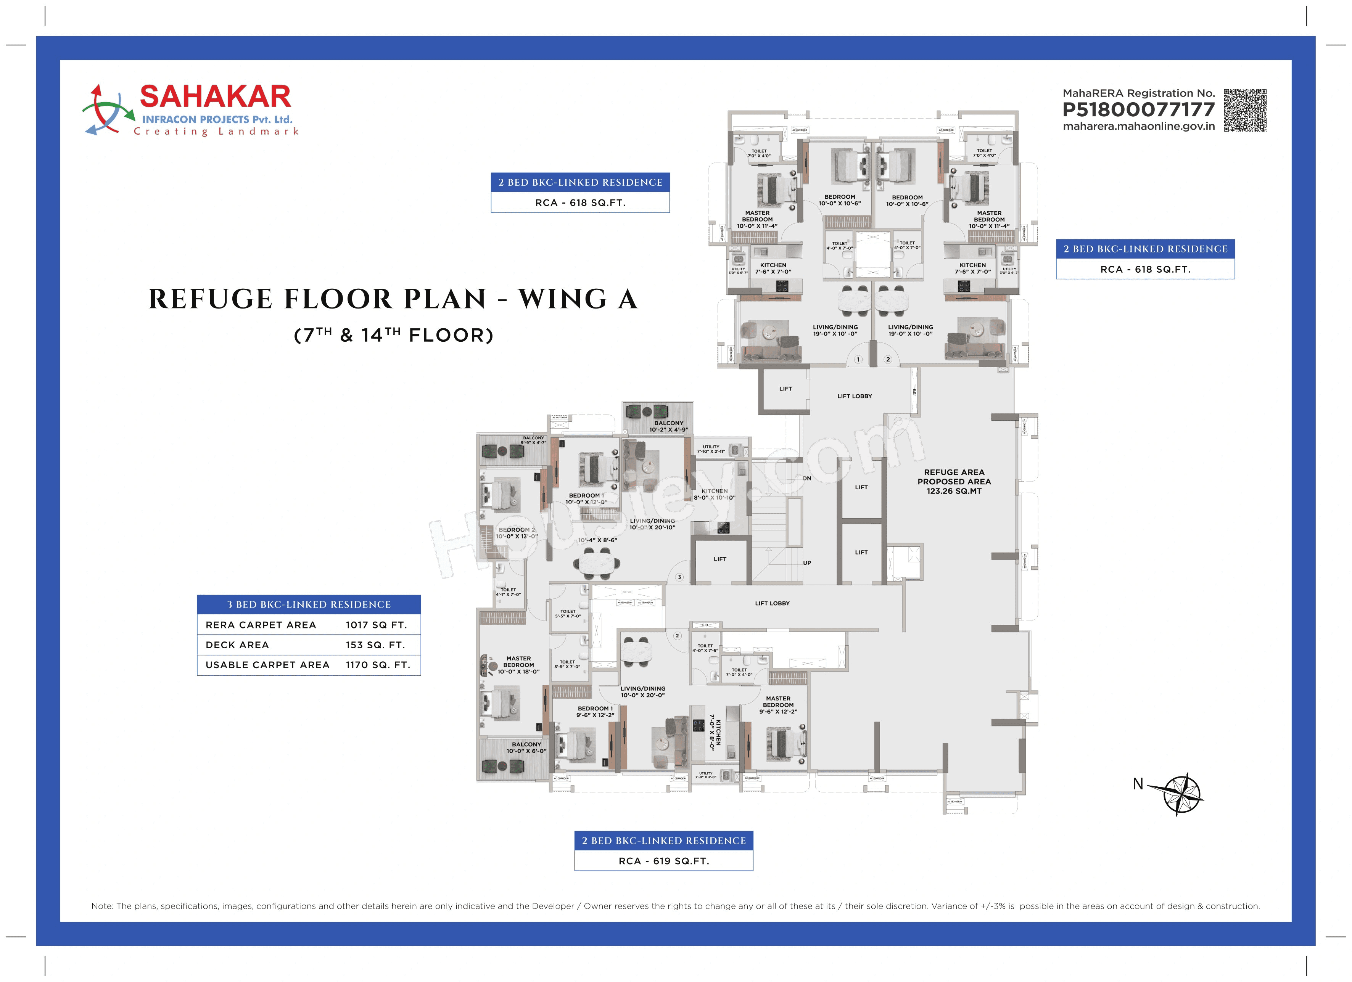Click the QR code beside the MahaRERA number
1245,110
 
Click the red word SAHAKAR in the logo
215,96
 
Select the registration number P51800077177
1138,110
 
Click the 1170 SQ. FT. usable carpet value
378,665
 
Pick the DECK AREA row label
237,645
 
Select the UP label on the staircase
806,563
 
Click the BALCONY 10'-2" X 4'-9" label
668,426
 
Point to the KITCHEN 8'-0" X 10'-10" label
714,494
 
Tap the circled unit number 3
679,577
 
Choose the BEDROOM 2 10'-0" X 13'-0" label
517,533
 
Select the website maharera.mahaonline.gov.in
1138,126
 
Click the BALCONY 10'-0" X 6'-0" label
526,747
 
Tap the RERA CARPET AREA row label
261,625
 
